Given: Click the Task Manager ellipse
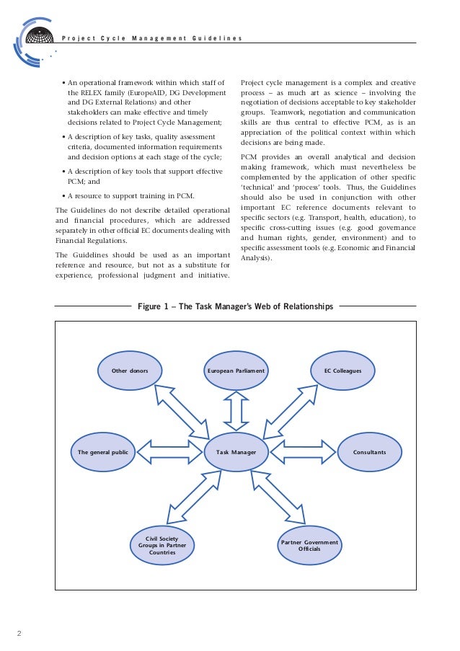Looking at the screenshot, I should pos(236,452).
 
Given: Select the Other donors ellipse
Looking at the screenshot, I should pos(130,371).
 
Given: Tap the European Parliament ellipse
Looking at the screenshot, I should pos(236,371).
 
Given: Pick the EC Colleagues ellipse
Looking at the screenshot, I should pos(342,371).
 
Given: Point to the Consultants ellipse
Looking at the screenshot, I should pos(369,452).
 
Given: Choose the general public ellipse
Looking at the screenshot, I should pos(103,452).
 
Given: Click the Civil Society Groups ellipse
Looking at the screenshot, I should pos(162,546).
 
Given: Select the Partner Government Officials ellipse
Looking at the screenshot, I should pos(310,546).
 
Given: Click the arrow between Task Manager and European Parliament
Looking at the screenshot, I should pos(236,409).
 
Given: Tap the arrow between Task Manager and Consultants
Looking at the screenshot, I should pos(302,452).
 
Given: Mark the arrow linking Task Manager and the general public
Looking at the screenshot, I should pos(170,452).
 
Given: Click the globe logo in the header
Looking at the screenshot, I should pos(38,37).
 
